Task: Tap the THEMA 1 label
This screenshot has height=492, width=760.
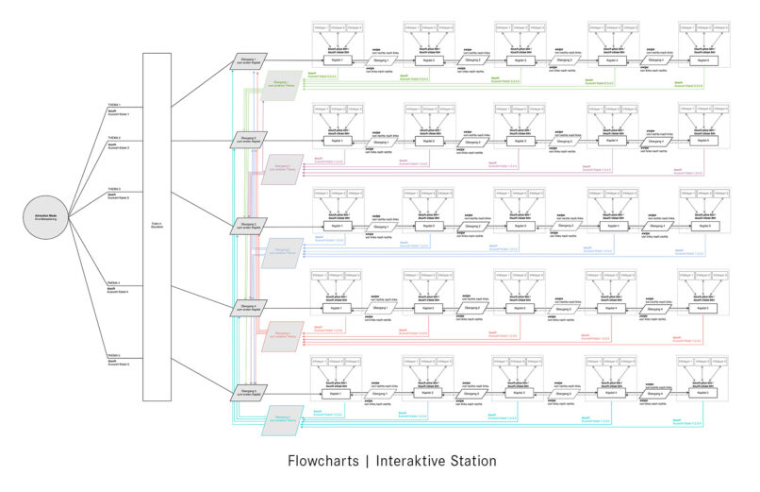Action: click(114, 105)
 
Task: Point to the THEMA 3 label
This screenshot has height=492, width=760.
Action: click(114, 188)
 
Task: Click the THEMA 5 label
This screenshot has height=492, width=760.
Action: click(114, 355)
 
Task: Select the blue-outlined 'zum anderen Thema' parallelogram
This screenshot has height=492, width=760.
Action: click(280, 251)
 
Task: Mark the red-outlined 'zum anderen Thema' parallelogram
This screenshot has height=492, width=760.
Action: click(280, 334)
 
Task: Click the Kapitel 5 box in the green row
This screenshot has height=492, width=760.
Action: click(698, 60)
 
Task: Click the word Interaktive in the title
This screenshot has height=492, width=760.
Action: click(408, 461)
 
